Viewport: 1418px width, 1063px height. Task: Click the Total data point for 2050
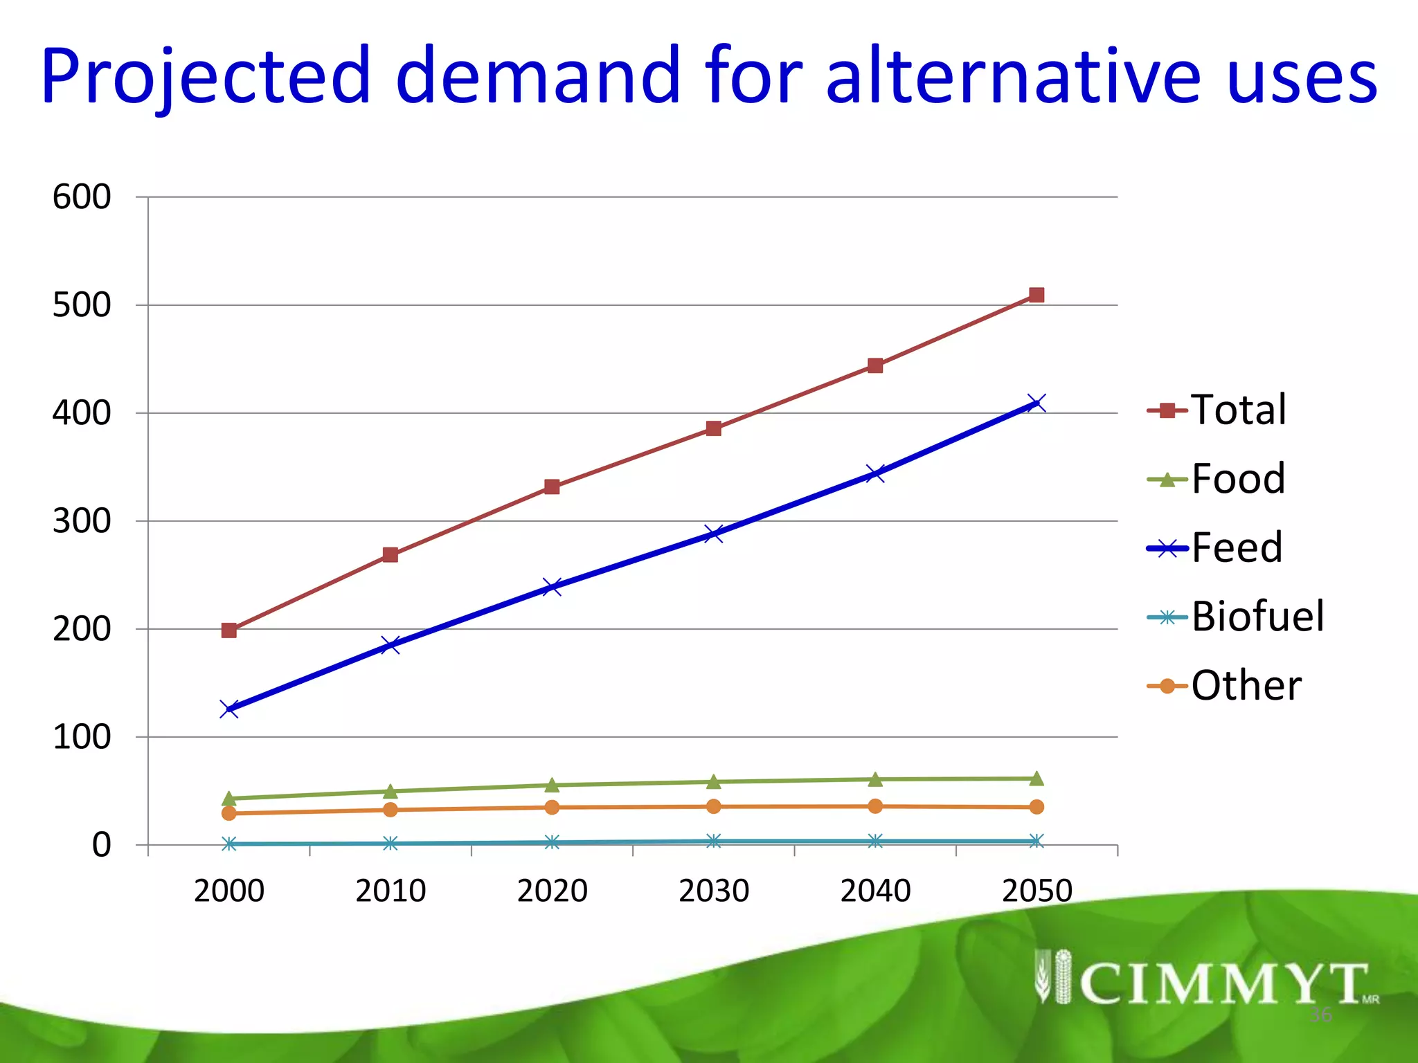coord(1036,296)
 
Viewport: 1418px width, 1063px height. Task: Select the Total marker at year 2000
coord(229,630)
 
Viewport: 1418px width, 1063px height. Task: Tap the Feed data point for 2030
coord(713,534)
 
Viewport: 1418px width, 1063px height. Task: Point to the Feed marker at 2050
coord(1036,403)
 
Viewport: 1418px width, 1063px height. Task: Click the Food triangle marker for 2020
coord(552,785)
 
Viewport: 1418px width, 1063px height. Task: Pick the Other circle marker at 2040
coord(875,806)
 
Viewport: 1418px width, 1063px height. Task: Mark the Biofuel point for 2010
coord(391,843)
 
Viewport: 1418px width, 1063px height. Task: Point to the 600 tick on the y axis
coord(82,197)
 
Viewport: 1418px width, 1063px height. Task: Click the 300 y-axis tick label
coord(82,521)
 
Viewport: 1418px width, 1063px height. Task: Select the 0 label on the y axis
coord(101,845)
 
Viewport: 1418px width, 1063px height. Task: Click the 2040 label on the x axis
coord(875,891)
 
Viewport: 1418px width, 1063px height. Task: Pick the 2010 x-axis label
coord(391,891)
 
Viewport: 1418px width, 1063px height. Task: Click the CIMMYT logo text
coord(1223,983)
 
